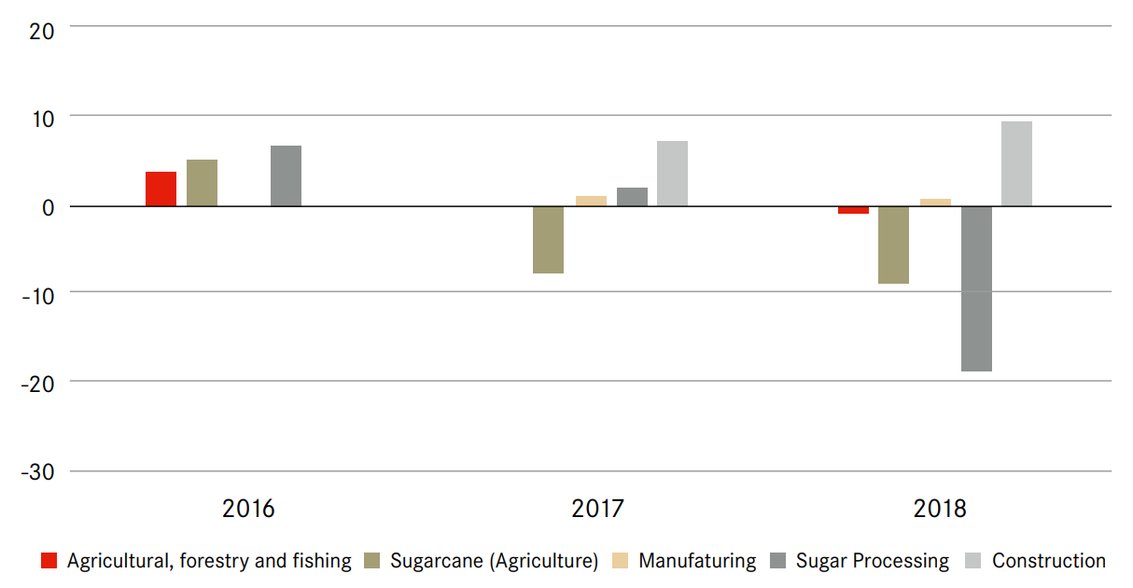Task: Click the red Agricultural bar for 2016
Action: click(161, 189)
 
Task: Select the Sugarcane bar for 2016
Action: click(202, 183)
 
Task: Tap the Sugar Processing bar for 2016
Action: click(286, 175)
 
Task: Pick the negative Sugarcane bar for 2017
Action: click(548, 239)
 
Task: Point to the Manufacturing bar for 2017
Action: click(591, 201)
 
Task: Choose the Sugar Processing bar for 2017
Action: click(632, 197)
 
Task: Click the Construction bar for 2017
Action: click(672, 174)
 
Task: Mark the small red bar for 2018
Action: click(853, 210)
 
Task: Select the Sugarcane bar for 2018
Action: click(893, 245)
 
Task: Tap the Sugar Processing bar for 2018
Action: click(976, 288)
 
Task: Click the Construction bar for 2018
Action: click(1016, 163)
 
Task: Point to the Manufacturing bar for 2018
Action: click(935, 203)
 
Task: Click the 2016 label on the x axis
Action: click(249, 510)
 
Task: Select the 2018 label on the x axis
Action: click(940, 510)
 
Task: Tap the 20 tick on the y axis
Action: click(42, 30)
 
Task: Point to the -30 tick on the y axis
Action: click(36, 472)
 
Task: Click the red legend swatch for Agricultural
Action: click(49, 561)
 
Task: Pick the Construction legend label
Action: click(1048, 561)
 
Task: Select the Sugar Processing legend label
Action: click(872, 561)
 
